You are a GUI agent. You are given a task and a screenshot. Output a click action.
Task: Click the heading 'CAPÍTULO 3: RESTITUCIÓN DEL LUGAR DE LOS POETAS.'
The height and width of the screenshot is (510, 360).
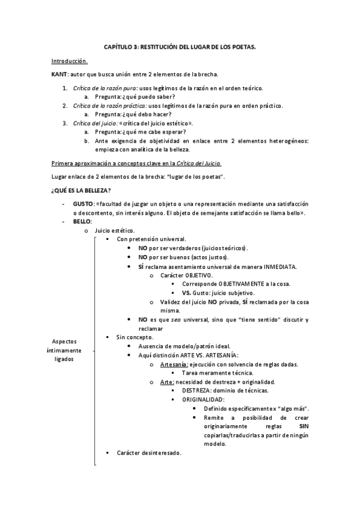tap(179, 46)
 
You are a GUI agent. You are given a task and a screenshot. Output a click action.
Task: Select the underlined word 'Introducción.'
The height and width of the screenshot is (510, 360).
tap(70, 61)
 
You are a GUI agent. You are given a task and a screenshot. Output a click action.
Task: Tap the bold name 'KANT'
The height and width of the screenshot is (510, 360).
tap(59, 75)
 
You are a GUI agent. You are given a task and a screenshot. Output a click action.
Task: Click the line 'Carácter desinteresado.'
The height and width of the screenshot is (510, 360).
tap(148, 453)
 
